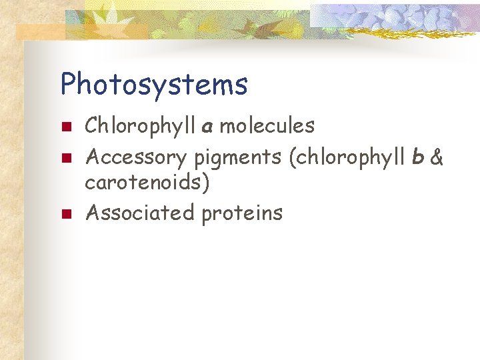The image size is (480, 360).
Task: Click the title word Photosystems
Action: [154, 85]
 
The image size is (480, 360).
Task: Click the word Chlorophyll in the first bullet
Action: [141, 125]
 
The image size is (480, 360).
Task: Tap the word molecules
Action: [267, 125]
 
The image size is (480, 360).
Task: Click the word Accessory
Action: [136, 158]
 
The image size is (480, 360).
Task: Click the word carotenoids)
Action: [147, 182]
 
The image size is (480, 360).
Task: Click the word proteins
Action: [242, 213]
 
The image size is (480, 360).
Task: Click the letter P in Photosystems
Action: [69, 85]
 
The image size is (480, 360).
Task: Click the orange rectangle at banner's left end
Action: [40, 32]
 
